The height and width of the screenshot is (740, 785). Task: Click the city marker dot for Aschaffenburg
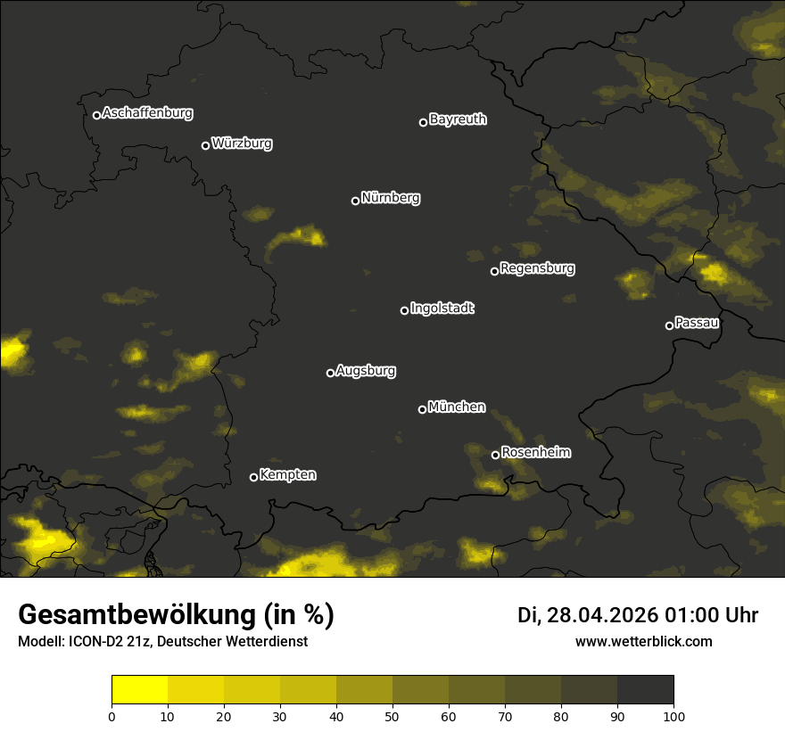[96, 115]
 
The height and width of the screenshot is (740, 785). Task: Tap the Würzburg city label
[242, 143]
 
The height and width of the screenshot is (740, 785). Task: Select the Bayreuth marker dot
[424, 122]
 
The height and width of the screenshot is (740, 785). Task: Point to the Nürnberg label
[390, 198]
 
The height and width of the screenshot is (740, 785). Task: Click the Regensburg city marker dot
[494, 271]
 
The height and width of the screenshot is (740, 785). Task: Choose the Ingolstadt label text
[442, 308]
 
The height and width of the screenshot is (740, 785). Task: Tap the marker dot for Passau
[669, 325]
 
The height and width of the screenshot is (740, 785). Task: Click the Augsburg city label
[366, 370]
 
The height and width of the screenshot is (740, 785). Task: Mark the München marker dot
[423, 409]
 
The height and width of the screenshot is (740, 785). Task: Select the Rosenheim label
[535, 452]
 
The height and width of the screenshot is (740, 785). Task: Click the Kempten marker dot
[253, 477]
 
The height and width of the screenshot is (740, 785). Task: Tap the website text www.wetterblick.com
[643, 641]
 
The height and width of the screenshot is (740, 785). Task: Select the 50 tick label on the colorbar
[392, 716]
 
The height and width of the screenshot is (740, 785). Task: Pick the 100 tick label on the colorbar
[673, 716]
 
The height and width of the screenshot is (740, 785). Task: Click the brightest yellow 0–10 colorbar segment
[140, 690]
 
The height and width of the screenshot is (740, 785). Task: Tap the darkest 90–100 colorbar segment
[645, 690]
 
